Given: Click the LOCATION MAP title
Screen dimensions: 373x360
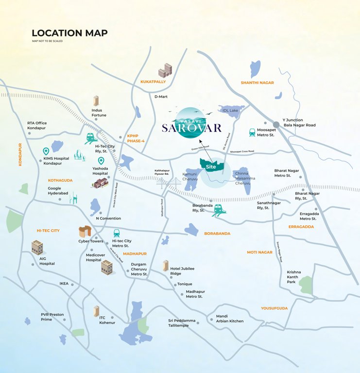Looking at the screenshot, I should pyautogui.click(x=69, y=33).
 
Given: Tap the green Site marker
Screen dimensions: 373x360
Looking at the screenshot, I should pyautogui.click(x=211, y=166).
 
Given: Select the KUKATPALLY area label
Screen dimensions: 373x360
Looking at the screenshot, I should pyautogui.click(x=153, y=82).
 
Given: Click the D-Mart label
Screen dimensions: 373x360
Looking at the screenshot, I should pyautogui.click(x=161, y=97).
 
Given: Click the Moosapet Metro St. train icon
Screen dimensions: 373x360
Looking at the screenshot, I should pyautogui.click(x=252, y=132).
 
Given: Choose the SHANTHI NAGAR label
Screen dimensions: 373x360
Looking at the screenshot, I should pyautogui.click(x=257, y=83).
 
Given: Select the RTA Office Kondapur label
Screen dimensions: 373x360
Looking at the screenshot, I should pyautogui.click(x=37, y=125).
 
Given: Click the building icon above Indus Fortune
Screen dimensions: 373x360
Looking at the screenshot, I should pyautogui.click(x=96, y=101).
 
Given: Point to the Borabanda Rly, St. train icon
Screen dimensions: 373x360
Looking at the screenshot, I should pyautogui.click(x=217, y=209).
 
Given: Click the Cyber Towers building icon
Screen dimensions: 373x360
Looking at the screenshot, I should pyautogui.click(x=85, y=231).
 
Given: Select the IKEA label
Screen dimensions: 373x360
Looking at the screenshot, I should pyautogui.click(x=64, y=283).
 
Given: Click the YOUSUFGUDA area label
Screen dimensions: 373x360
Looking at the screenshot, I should pyautogui.click(x=274, y=308).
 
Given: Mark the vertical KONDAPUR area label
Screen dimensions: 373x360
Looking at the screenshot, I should pyautogui.click(x=20, y=154).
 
